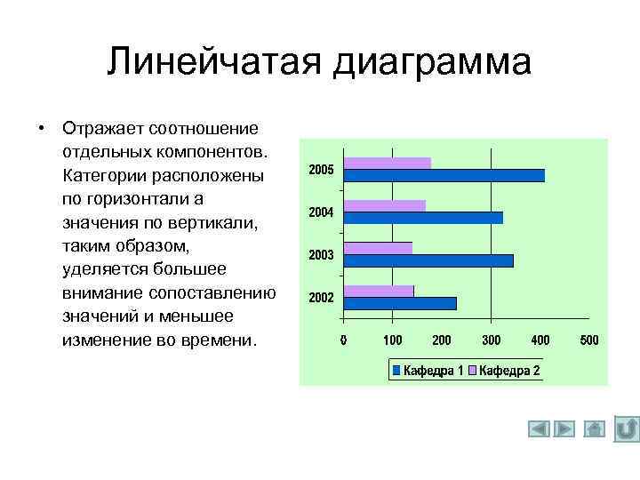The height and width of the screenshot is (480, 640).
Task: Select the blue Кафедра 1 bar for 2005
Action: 444,175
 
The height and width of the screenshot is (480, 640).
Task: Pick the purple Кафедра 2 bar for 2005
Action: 387,163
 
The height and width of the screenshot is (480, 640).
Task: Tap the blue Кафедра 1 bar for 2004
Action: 423,218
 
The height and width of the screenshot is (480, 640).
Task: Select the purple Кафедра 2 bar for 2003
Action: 378,248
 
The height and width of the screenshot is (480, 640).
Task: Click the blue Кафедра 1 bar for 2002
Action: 400,303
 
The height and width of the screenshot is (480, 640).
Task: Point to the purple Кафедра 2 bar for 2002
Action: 379,291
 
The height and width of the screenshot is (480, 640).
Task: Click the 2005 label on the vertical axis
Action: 321,169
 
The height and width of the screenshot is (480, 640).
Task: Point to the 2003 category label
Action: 321,255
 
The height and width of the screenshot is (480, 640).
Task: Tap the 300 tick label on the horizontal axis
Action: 491,340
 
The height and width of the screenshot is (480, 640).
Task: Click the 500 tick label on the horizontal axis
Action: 588,340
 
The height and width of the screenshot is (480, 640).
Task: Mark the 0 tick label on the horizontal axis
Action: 344,340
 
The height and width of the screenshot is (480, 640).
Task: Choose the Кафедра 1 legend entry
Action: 428,371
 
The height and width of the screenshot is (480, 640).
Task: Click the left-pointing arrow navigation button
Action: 539,429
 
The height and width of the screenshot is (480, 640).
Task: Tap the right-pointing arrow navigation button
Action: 564,429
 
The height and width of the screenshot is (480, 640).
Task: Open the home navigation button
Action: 595,429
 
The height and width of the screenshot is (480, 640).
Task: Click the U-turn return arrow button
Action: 626,429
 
